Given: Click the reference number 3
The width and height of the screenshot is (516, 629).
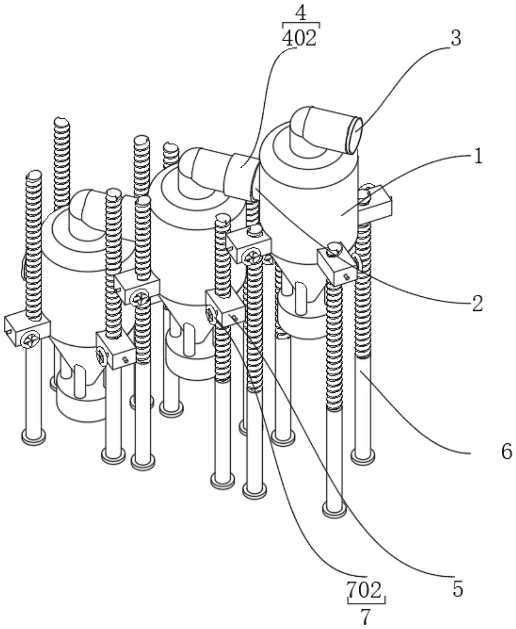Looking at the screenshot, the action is click(456, 38).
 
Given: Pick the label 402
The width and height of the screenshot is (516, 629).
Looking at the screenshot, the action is click(300, 38).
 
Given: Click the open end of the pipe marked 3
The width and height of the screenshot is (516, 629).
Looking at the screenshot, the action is click(355, 135).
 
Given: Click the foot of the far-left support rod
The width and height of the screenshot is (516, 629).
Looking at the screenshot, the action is click(33, 437).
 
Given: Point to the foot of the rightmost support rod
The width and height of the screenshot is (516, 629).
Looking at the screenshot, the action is click(363, 456).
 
